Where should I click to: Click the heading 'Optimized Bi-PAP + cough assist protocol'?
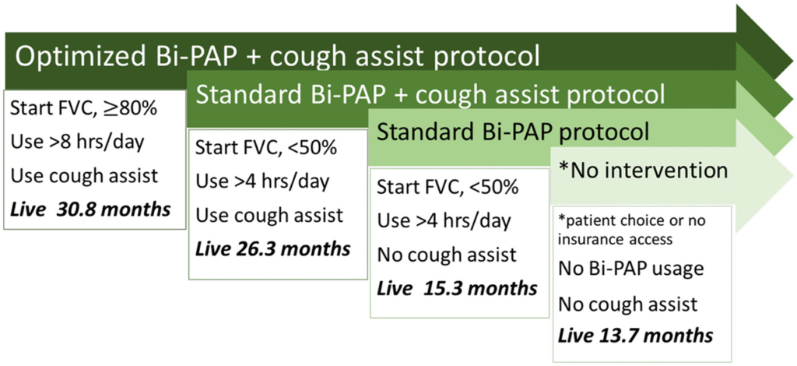click(x=278, y=58)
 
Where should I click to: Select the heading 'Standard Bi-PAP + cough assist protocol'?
click(x=430, y=94)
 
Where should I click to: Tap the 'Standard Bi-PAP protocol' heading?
click(x=512, y=132)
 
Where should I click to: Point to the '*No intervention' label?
click(x=643, y=171)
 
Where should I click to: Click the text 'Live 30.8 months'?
click(x=90, y=209)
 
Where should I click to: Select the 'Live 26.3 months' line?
click(x=273, y=249)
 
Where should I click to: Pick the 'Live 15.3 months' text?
click(x=457, y=288)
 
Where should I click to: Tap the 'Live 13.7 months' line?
click(x=635, y=335)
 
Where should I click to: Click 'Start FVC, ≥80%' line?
click(x=84, y=110)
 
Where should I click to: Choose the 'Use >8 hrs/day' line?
click(x=77, y=143)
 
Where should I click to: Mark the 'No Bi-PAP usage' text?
click(x=630, y=269)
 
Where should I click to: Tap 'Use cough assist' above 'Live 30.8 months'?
click(x=84, y=176)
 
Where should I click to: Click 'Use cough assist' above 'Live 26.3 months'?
click(x=269, y=216)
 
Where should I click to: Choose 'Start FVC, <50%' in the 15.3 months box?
click(x=448, y=188)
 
